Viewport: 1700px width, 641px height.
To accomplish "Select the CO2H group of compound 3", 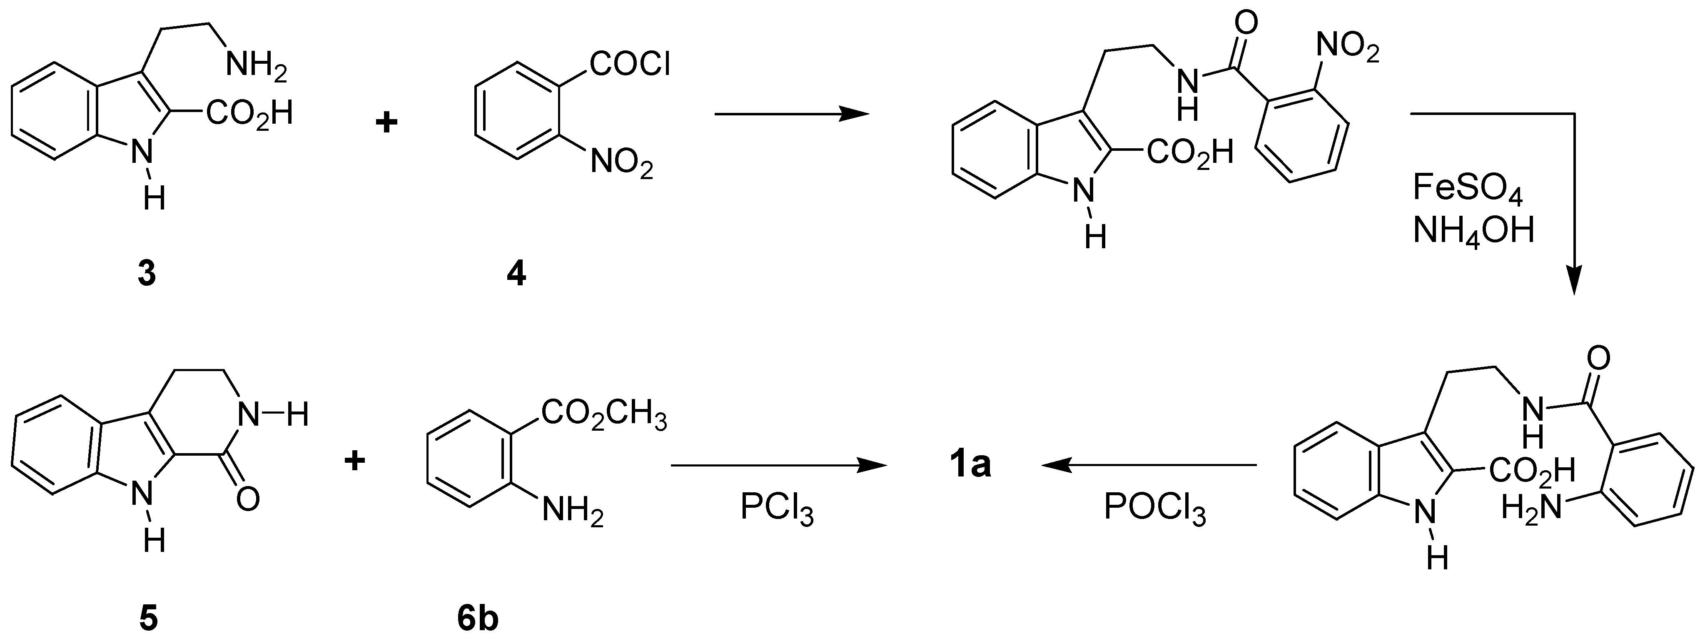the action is (249, 114).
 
